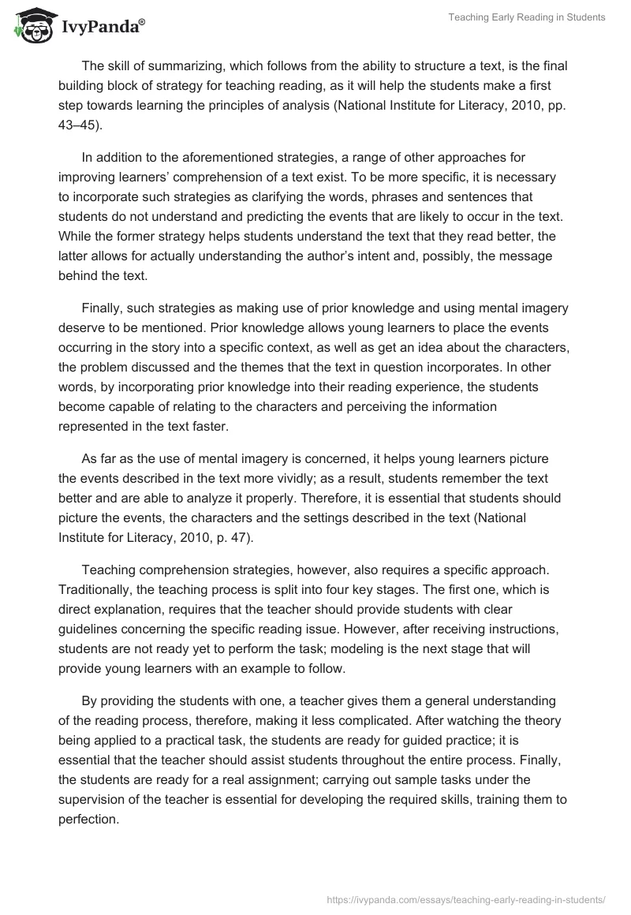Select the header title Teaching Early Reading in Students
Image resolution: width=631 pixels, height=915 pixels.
(x=527, y=18)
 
